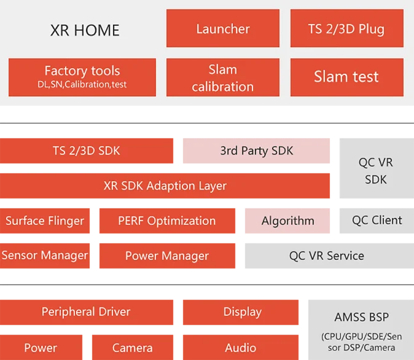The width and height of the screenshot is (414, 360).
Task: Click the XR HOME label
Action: pos(85,29)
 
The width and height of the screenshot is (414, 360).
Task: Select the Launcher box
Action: pos(223,28)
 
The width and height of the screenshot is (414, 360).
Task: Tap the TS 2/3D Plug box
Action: pos(346,28)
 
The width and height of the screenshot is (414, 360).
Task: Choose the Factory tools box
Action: pos(82,77)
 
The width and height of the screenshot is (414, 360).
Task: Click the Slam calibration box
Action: pos(223,77)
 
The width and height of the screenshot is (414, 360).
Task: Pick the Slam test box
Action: pos(346,77)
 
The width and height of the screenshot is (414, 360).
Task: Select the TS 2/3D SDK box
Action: pos(88,151)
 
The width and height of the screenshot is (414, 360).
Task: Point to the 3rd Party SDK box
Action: pos(257,151)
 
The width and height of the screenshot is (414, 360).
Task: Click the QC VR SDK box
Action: pos(376,170)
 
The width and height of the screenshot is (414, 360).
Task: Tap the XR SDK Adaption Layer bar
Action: pos(165,186)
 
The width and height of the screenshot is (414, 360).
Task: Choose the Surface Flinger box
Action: pos(46,221)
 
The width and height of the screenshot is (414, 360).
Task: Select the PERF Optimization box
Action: pos(166,221)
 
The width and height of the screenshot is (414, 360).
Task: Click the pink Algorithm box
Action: pos(287,221)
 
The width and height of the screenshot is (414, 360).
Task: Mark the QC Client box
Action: pos(377,220)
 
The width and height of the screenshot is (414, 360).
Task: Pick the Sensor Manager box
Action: pos(45,256)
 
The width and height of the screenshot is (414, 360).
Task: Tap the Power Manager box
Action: pos(166,256)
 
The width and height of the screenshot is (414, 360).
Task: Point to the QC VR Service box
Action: pos(327,256)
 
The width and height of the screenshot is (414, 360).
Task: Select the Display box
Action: pos(241,311)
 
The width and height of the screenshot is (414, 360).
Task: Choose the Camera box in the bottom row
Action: pos(133,348)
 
